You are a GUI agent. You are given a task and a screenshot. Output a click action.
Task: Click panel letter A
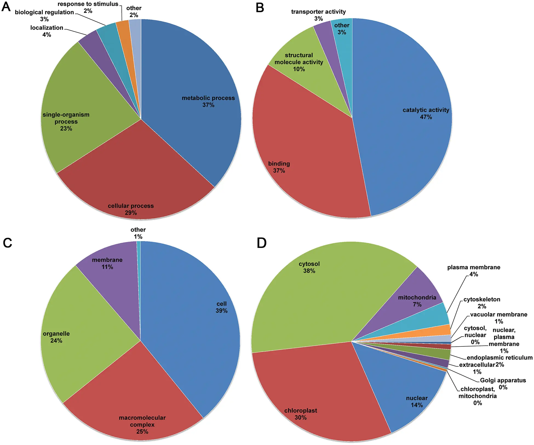6,7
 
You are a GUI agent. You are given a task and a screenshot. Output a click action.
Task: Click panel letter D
262,243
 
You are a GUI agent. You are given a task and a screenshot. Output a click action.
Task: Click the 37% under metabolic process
208,105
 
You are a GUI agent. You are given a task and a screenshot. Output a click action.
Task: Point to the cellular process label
131,206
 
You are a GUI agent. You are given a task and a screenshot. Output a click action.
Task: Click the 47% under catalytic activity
426,117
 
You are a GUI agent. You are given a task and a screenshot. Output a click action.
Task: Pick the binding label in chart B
279,164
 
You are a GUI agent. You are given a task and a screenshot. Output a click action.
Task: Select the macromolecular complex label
142,421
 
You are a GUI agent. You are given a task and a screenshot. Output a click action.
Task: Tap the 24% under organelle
56,341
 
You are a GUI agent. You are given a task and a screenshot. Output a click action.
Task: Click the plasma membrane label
473,267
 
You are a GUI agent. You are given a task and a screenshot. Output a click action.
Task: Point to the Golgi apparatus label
503,380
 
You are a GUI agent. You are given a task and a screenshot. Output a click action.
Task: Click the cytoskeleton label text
482,299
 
